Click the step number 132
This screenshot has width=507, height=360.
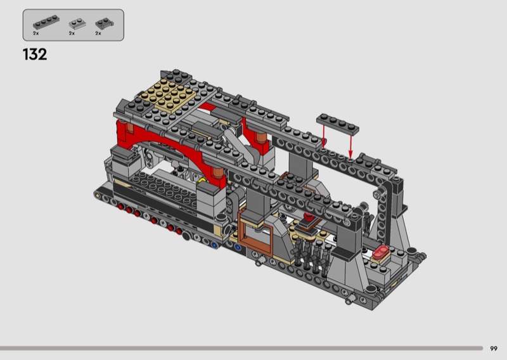click(35, 55)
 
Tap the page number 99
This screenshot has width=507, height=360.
click(494, 349)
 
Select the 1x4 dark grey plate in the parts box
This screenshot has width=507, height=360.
click(46, 22)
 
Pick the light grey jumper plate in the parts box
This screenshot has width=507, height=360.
click(77, 24)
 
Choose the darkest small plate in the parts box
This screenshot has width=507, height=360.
click(105, 23)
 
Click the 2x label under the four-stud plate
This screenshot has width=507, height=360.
click(35, 34)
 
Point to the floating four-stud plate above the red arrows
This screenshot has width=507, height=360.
click(338, 124)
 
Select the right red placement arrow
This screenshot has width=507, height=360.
click(350, 146)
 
